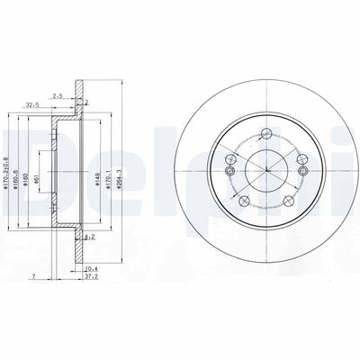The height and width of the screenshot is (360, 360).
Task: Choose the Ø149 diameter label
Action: (x=95, y=166)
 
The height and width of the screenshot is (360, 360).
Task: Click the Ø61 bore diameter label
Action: (x=37, y=166)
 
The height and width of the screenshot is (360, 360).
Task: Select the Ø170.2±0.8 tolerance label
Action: (x=7, y=166)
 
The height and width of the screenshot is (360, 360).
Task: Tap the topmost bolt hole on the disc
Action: (x=266, y=134)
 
